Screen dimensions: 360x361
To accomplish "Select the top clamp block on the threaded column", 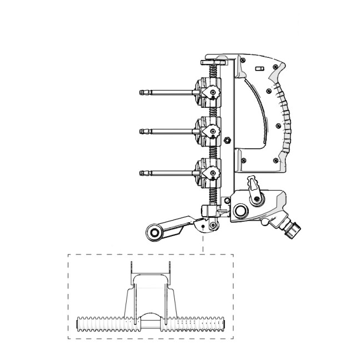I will click(208, 92).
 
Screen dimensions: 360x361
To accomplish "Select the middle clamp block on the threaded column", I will click(208, 131).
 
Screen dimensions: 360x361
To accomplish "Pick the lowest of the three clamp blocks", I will click(208, 172).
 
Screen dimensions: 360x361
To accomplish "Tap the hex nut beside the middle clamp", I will click(227, 139).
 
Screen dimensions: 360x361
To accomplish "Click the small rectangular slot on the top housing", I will click(258, 69).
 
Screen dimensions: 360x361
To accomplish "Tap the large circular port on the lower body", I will click(242, 212).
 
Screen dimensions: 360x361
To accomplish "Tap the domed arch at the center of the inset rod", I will click(149, 316).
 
